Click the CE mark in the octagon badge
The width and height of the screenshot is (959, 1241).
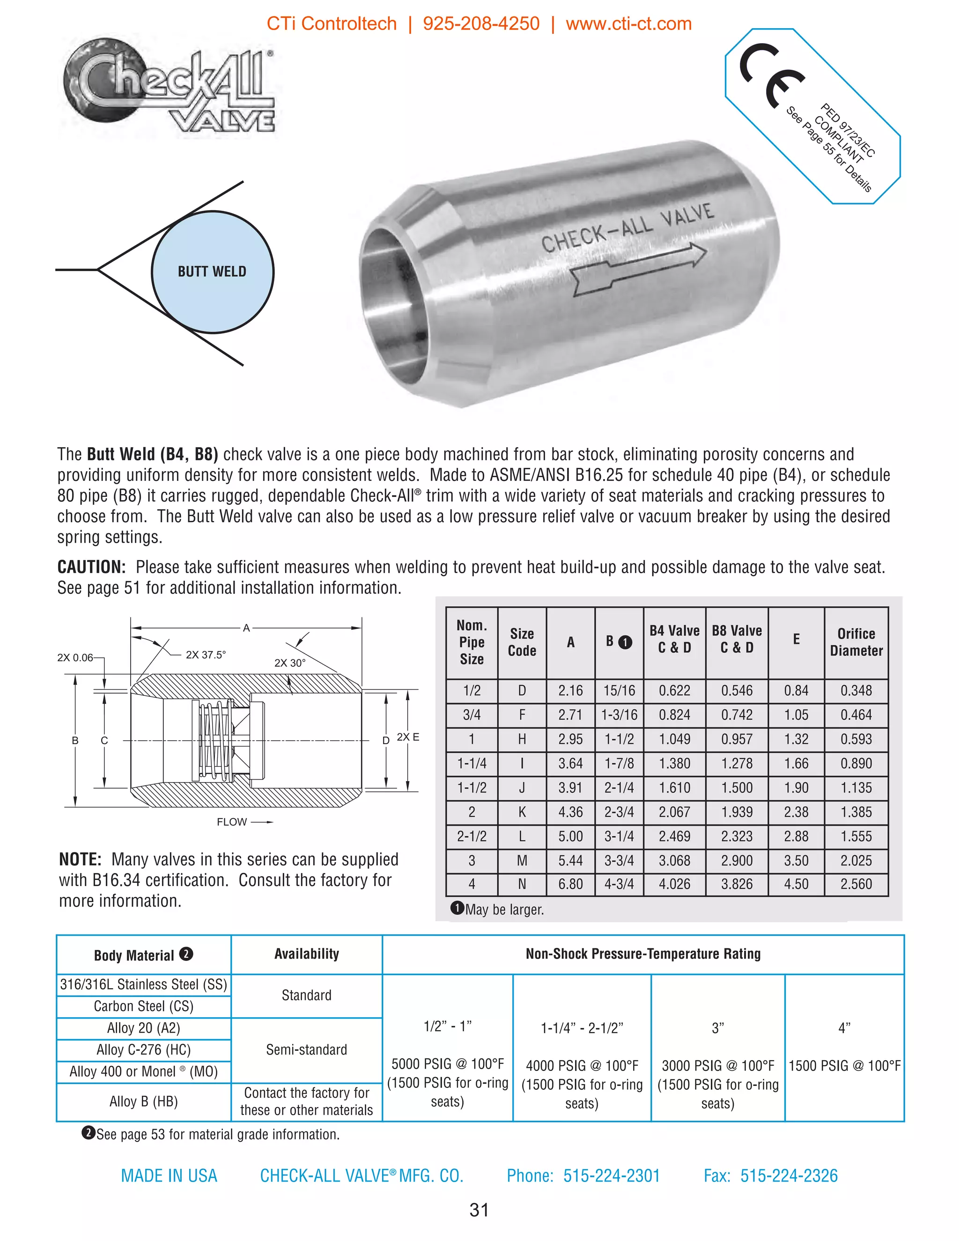(772, 75)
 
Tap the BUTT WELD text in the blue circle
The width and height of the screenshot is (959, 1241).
(212, 272)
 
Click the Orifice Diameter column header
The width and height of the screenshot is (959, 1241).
(856, 642)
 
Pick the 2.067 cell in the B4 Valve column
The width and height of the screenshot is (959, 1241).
(674, 812)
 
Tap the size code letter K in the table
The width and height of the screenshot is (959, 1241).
(522, 812)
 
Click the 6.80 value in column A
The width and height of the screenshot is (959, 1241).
(570, 884)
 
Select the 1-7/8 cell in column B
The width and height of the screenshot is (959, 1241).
(619, 764)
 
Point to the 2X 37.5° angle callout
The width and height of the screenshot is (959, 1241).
(205, 655)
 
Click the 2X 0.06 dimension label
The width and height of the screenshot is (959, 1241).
(75, 657)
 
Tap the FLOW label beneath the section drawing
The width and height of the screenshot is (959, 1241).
(232, 822)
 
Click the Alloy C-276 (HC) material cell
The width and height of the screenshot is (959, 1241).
(143, 1049)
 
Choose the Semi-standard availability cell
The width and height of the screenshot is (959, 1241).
(306, 1049)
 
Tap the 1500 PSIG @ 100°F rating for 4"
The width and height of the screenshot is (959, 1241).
(844, 1066)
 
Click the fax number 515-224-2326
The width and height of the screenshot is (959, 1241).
(789, 1175)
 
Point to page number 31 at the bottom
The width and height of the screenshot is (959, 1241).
(479, 1210)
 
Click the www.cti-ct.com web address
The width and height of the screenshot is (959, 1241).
(628, 24)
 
